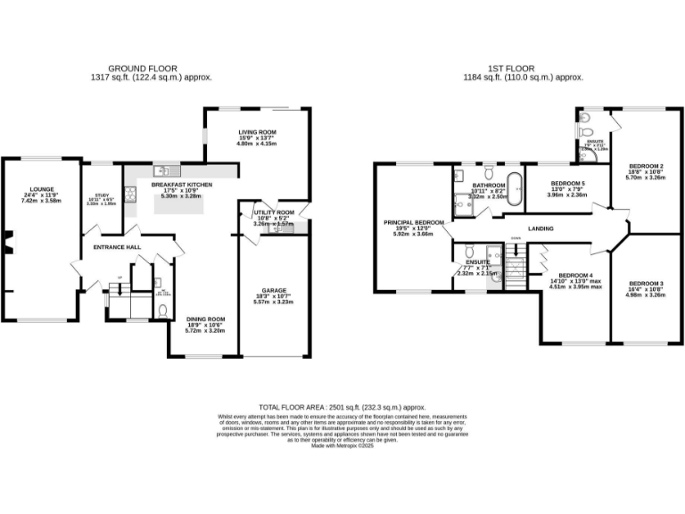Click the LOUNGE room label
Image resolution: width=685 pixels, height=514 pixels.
pyautogui.click(x=42, y=189)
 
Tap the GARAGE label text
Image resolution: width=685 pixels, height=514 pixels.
pyautogui.click(x=274, y=290)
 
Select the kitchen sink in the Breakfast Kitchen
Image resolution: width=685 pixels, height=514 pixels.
pyautogui.click(x=161, y=170)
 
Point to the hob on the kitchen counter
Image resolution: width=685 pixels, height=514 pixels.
pyautogui.click(x=130, y=190)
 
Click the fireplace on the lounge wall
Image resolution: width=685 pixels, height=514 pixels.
pyautogui.click(x=4, y=242)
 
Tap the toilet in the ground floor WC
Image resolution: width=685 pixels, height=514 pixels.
pyautogui.click(x=161, y=310)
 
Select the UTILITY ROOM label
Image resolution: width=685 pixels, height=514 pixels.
pyautogui.click(x=272, y=212)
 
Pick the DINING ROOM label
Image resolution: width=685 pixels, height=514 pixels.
pyautogui.click(x=205, y=319)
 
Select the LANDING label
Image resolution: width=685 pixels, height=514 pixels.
pyautogui.click(x=541, y=229)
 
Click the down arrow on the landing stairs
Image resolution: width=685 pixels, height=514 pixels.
pyautogui.click(x=516, y=239)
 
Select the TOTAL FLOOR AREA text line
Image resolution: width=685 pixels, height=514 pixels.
pyautogui.click(x=342, y=405)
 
